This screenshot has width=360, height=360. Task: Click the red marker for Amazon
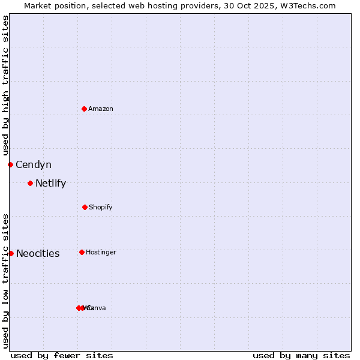84,109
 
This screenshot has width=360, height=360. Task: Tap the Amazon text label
101,109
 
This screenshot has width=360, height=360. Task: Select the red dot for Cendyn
10,164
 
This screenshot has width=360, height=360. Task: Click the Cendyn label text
34,165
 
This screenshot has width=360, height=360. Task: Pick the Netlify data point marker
30,183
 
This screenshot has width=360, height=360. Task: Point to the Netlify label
50,184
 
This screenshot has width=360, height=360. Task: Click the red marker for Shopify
85,207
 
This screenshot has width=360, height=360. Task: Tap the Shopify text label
101,208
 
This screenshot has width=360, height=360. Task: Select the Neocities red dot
11,253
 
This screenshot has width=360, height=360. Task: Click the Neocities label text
38,254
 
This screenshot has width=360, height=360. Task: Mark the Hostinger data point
82,252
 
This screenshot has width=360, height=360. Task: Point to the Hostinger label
101,253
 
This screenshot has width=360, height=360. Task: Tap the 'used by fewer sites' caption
62,356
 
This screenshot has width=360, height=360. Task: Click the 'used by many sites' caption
301,356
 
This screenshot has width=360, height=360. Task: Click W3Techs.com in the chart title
310,5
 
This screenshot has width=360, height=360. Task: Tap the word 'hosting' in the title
152,5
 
